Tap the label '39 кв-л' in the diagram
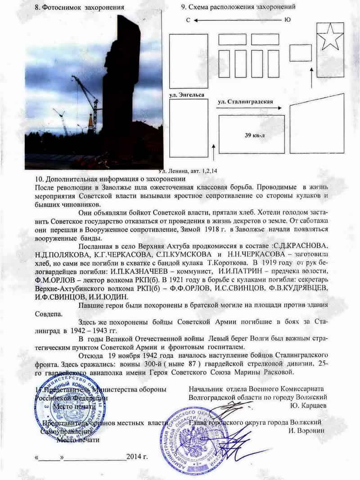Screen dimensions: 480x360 (x=252, y=135)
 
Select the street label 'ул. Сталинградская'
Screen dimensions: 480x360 (x=246, y=102)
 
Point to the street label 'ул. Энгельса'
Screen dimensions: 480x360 (x=187, y=95)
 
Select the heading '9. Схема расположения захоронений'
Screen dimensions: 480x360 (x=238, y=8)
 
